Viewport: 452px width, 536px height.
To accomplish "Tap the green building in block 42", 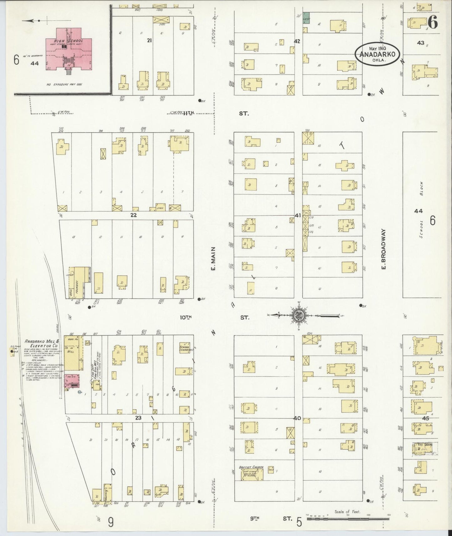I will coord(306,18).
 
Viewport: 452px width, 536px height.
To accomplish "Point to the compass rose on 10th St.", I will coord(297,315).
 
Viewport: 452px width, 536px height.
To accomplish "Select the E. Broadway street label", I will coord(384,249).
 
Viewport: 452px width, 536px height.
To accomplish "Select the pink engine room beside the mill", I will coord(71,382).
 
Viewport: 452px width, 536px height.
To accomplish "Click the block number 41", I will coord(297,215).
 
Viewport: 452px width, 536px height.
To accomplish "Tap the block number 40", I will coord(297,418).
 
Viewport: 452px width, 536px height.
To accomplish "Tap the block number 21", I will coord(150,40).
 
